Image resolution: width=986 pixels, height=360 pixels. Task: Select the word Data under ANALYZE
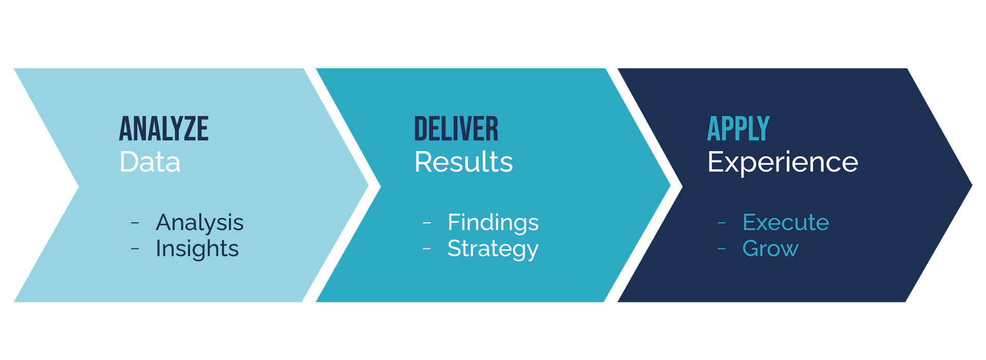(x=150, y=162)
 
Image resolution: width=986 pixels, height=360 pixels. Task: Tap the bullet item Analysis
(x=200, y=223)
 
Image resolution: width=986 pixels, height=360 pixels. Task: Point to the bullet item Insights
(x=197, y=249)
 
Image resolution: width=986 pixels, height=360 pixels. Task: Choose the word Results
(x=464, y=162)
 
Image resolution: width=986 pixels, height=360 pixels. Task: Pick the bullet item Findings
(x=493, y=223)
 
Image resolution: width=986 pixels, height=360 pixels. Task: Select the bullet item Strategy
(x=493, y=249)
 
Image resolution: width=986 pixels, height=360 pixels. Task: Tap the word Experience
(x=783, y=162)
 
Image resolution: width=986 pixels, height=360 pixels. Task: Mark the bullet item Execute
(x=786, y=223)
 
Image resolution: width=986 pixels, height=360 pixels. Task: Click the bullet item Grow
(x=770, y=249)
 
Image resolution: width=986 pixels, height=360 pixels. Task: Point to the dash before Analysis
(x=135, y=223)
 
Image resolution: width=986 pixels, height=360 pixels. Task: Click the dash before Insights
(x=135, y=249)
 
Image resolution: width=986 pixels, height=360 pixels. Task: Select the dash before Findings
(x=427, y=223)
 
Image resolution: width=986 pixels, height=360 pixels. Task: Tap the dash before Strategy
(x=427, y=249)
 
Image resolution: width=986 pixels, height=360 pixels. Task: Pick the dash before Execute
(x=722, y=223)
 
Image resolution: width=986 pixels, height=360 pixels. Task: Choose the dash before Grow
(x=722, y=249)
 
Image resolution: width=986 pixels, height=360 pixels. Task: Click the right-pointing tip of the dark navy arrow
(x=972, y=185)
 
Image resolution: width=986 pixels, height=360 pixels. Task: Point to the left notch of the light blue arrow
(x=79, y=186)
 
